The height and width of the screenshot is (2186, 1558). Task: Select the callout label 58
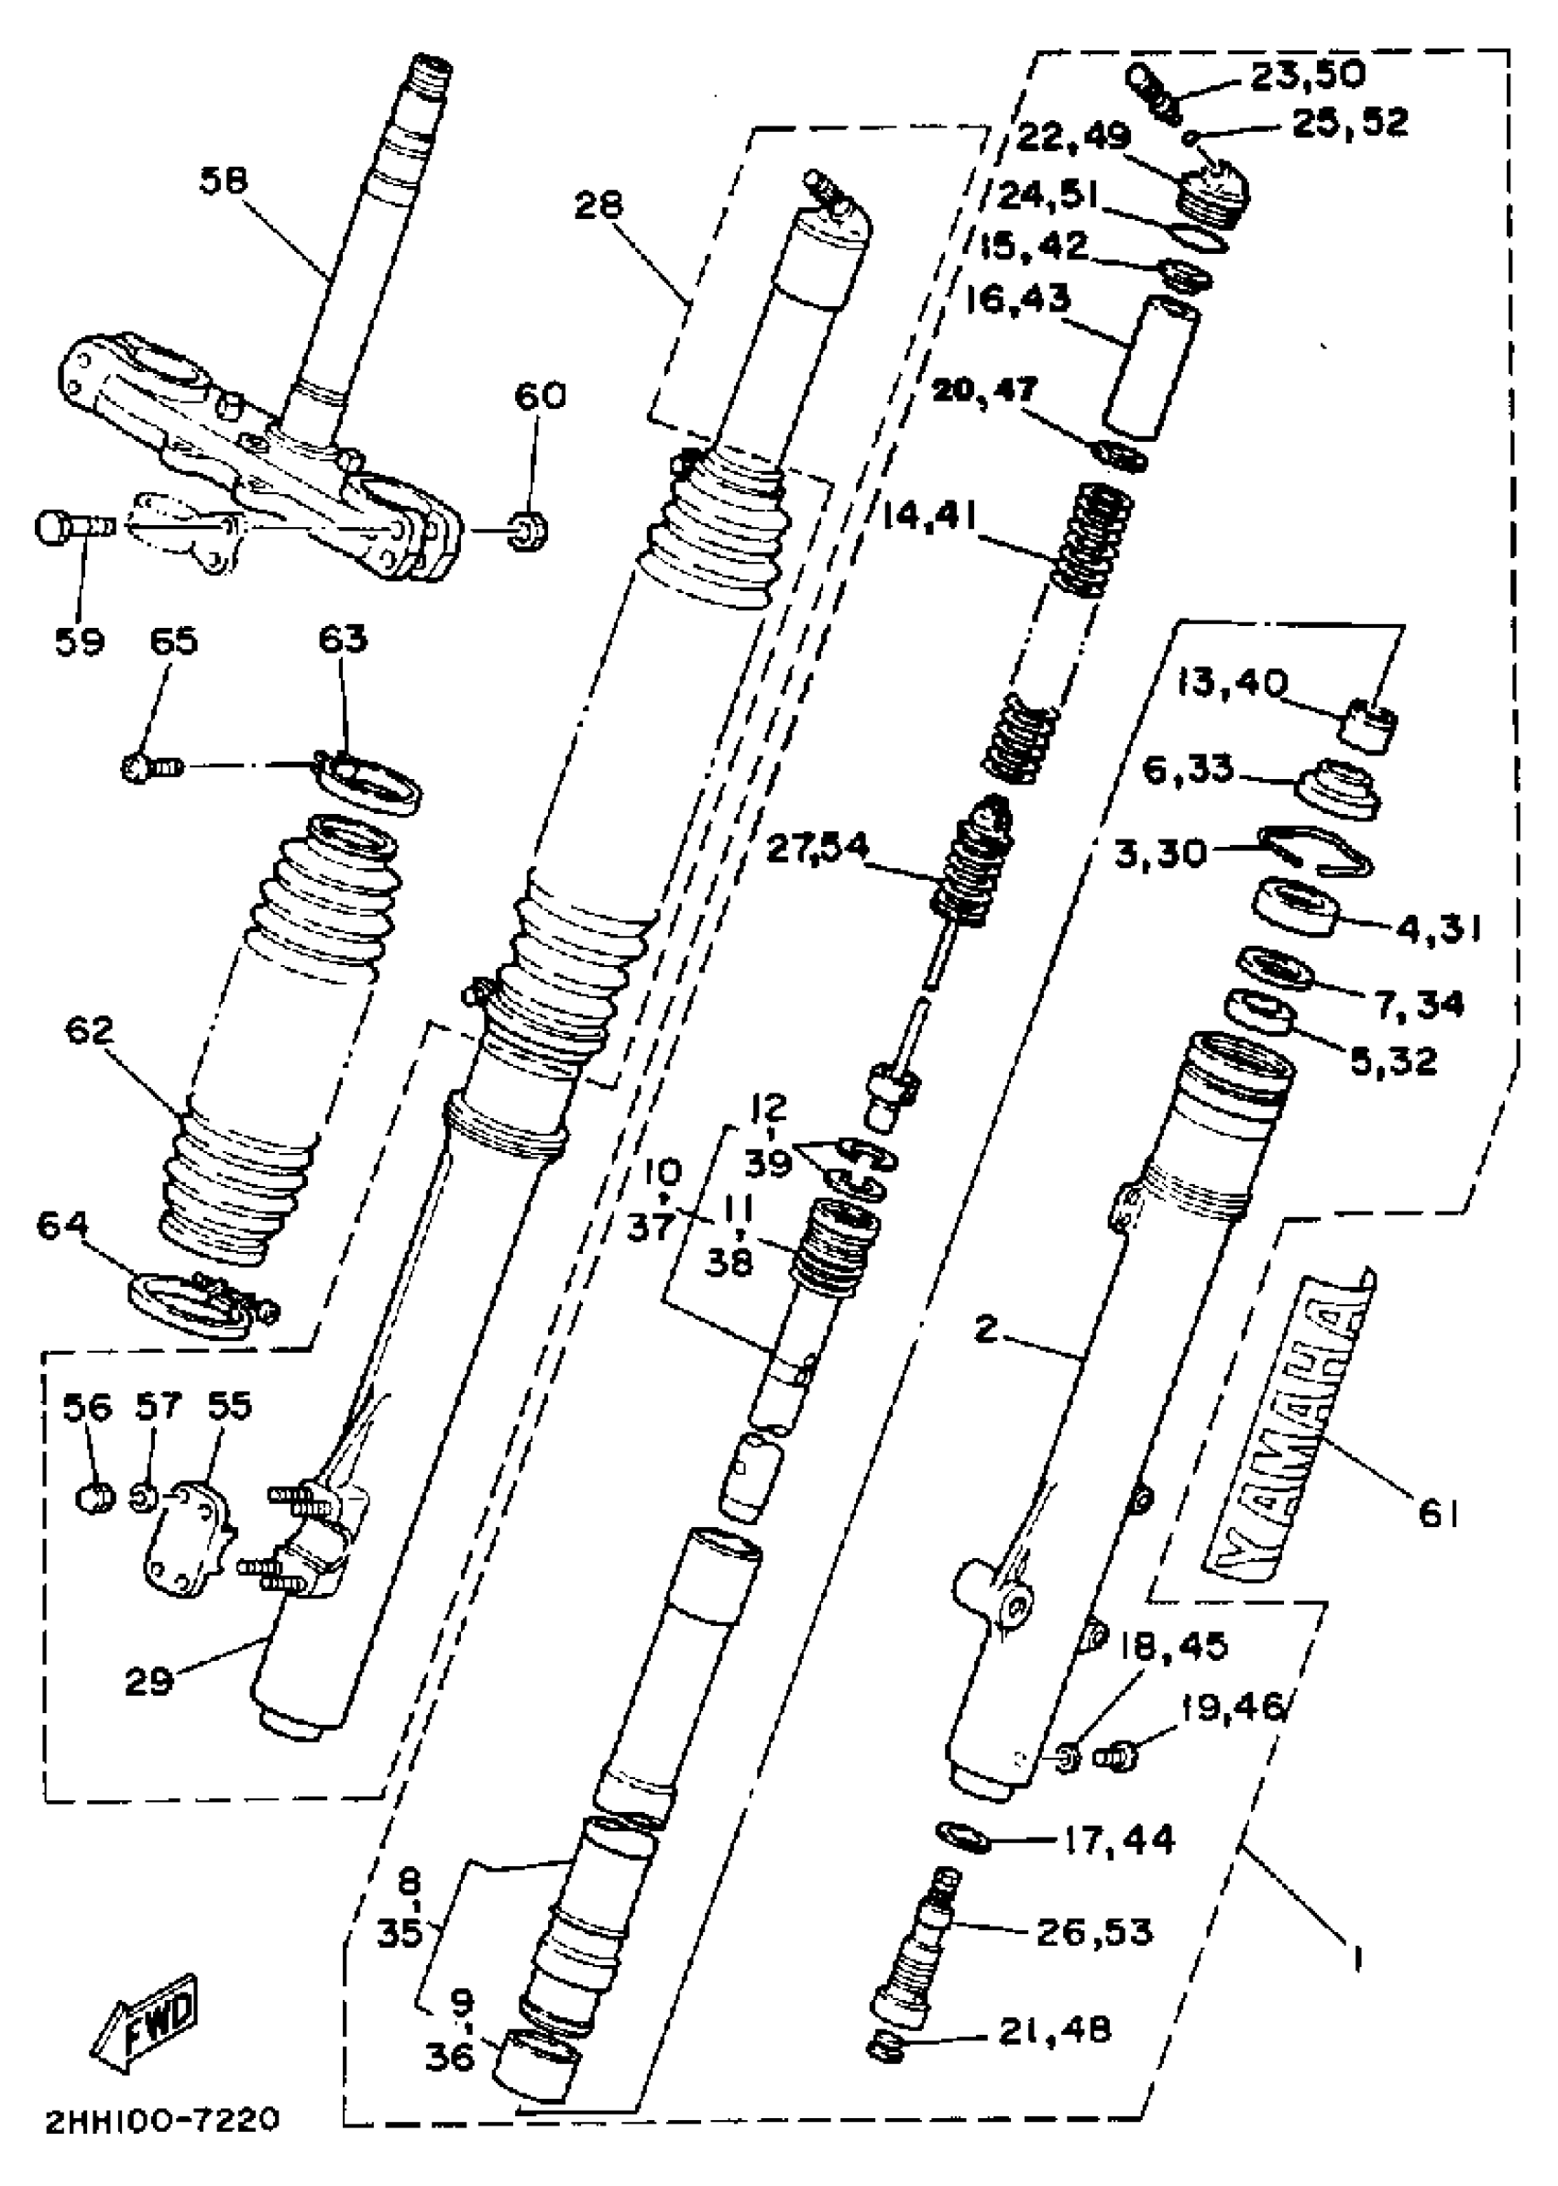tap(224, 181)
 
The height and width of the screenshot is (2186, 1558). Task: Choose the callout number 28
tap(598, 204)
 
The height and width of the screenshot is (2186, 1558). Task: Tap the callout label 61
tap(1438, 1514)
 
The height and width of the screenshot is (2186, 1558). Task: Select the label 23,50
tap(1307, 76)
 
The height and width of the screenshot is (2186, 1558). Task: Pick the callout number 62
tap(89, 1031)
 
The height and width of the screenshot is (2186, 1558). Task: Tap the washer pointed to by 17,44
tap(962, 1834)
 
